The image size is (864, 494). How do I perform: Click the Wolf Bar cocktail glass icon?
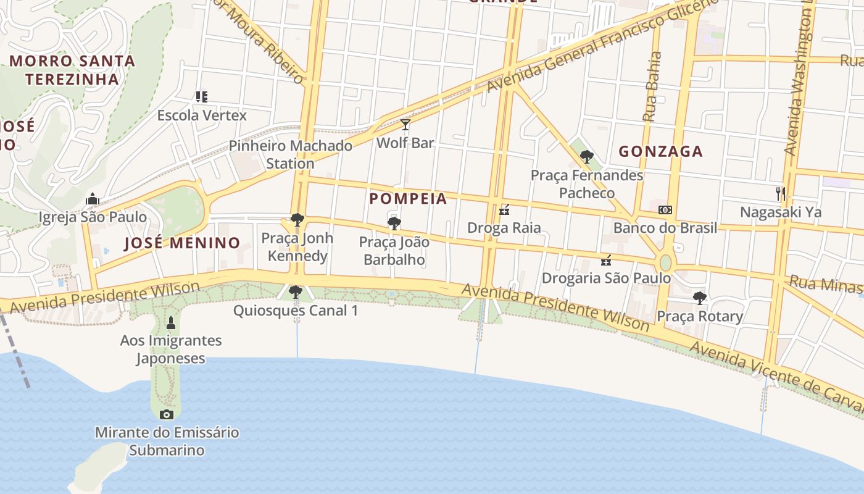point(405,125)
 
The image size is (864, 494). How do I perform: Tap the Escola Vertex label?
point(202,115)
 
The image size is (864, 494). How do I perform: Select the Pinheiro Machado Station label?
point(291,154)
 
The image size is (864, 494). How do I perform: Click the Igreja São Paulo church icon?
point(93,199)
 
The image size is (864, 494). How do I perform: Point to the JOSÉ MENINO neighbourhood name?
point(182,243)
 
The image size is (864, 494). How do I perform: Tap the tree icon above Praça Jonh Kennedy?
point(297,220)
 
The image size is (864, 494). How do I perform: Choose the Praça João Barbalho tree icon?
point(394,224)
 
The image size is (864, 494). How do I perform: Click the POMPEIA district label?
point(408,199)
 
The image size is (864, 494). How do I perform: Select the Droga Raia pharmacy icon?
point(504,210)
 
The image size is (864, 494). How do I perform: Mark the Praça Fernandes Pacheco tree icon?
point(587,157)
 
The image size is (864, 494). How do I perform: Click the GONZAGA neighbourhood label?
point(661,151)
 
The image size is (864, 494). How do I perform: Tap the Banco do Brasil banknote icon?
point(665,210)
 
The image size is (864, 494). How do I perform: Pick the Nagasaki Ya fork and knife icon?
point(781,194)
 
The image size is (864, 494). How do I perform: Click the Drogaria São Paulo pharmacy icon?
point(606,260)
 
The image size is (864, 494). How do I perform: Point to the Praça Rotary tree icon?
point(699,298)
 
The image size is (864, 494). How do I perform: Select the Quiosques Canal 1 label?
point(296,311)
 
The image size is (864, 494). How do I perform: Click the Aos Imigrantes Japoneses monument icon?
point(171,322)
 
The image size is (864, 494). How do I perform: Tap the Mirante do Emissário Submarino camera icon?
point(167,414)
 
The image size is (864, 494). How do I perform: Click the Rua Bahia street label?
point(652,86)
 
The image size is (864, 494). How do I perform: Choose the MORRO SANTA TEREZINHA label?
point(72,70)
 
